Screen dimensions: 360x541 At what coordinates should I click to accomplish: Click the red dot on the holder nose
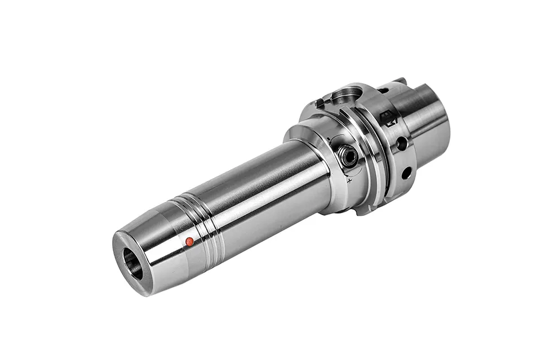(189, 242)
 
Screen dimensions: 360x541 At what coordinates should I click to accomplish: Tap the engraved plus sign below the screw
(349, 181)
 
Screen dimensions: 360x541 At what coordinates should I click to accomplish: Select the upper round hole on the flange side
(402, 144)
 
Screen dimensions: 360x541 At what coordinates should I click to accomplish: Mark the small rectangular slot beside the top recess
(320, 103)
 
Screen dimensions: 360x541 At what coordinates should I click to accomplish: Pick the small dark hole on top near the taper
(383, 90)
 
